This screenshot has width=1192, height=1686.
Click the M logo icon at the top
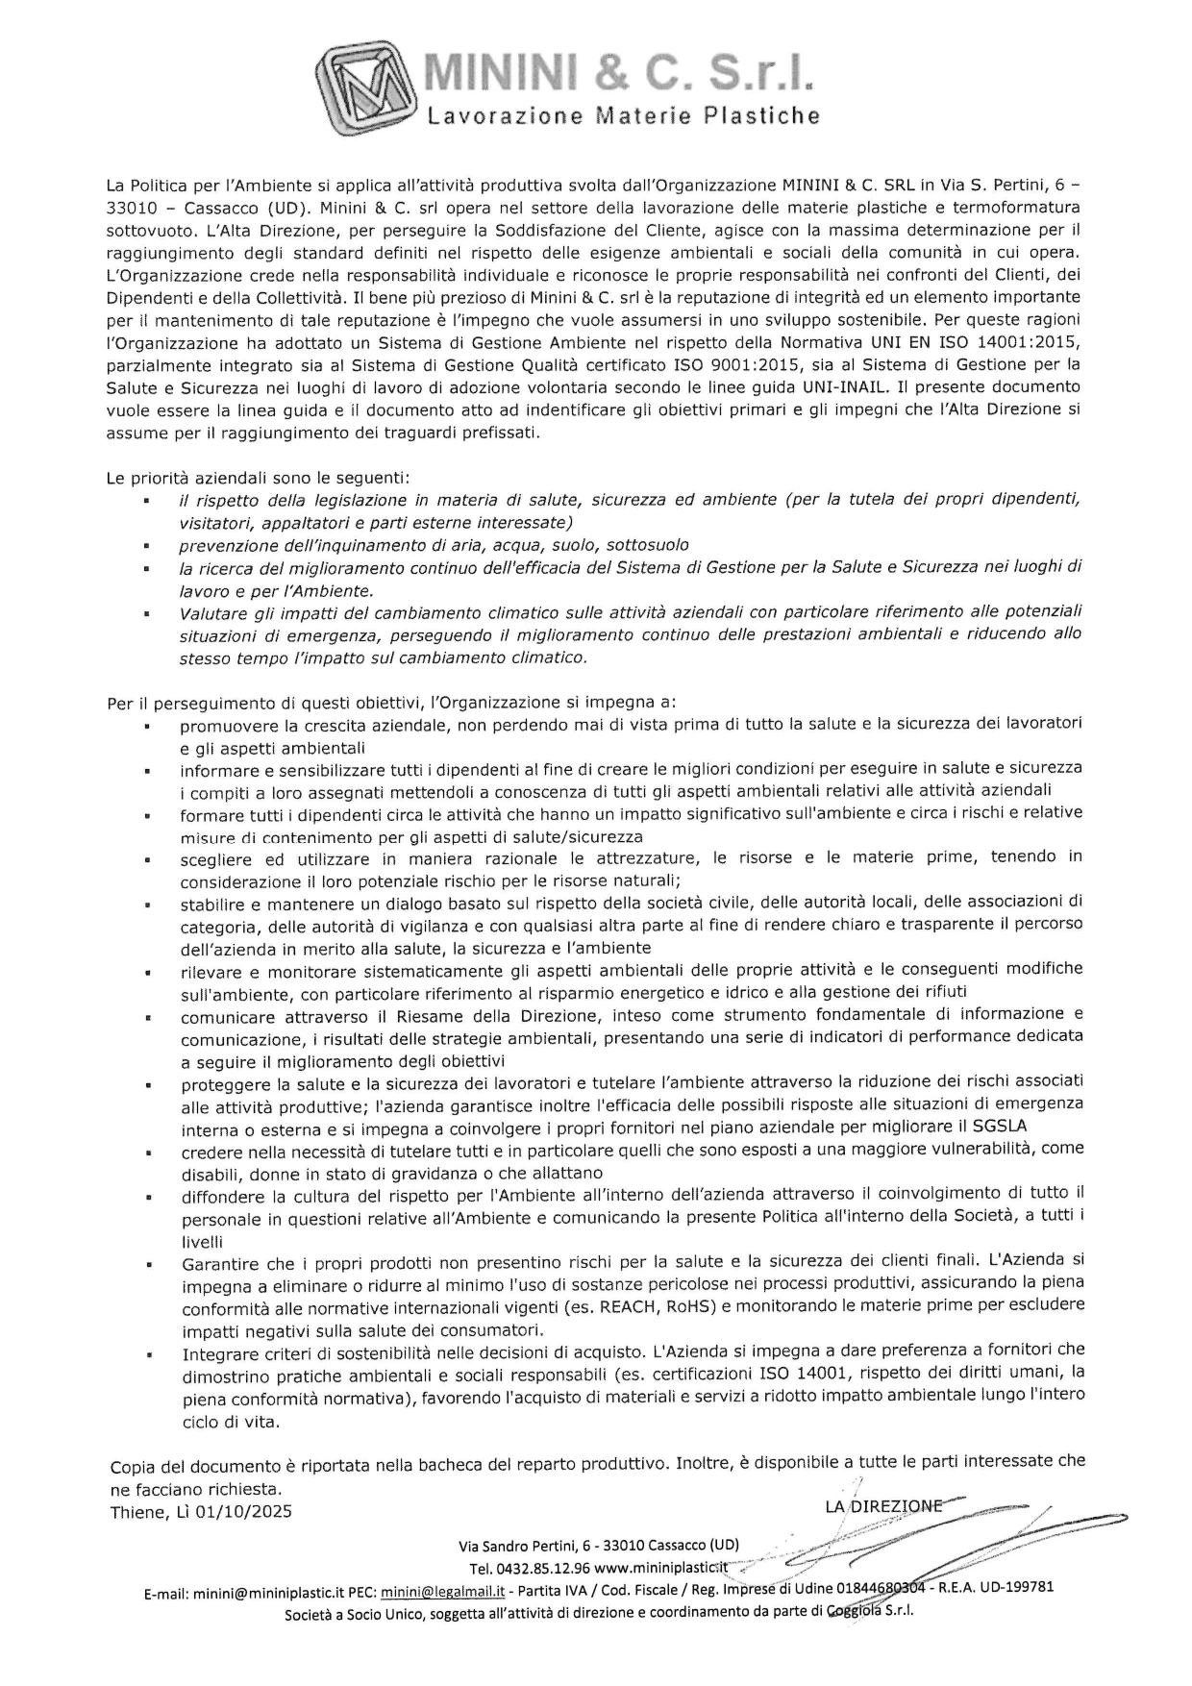tap(369, 87)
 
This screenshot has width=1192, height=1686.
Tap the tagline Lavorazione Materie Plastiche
tap(623, 117)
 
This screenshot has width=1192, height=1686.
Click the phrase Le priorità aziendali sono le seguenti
tap(259, 477)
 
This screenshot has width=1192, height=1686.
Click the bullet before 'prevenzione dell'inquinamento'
tap(145, 545)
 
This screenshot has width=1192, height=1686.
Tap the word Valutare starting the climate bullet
tap(211, 612)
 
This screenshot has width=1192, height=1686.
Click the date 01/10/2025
tap(244, 1511)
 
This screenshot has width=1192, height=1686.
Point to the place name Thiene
tap(137, 1511)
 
